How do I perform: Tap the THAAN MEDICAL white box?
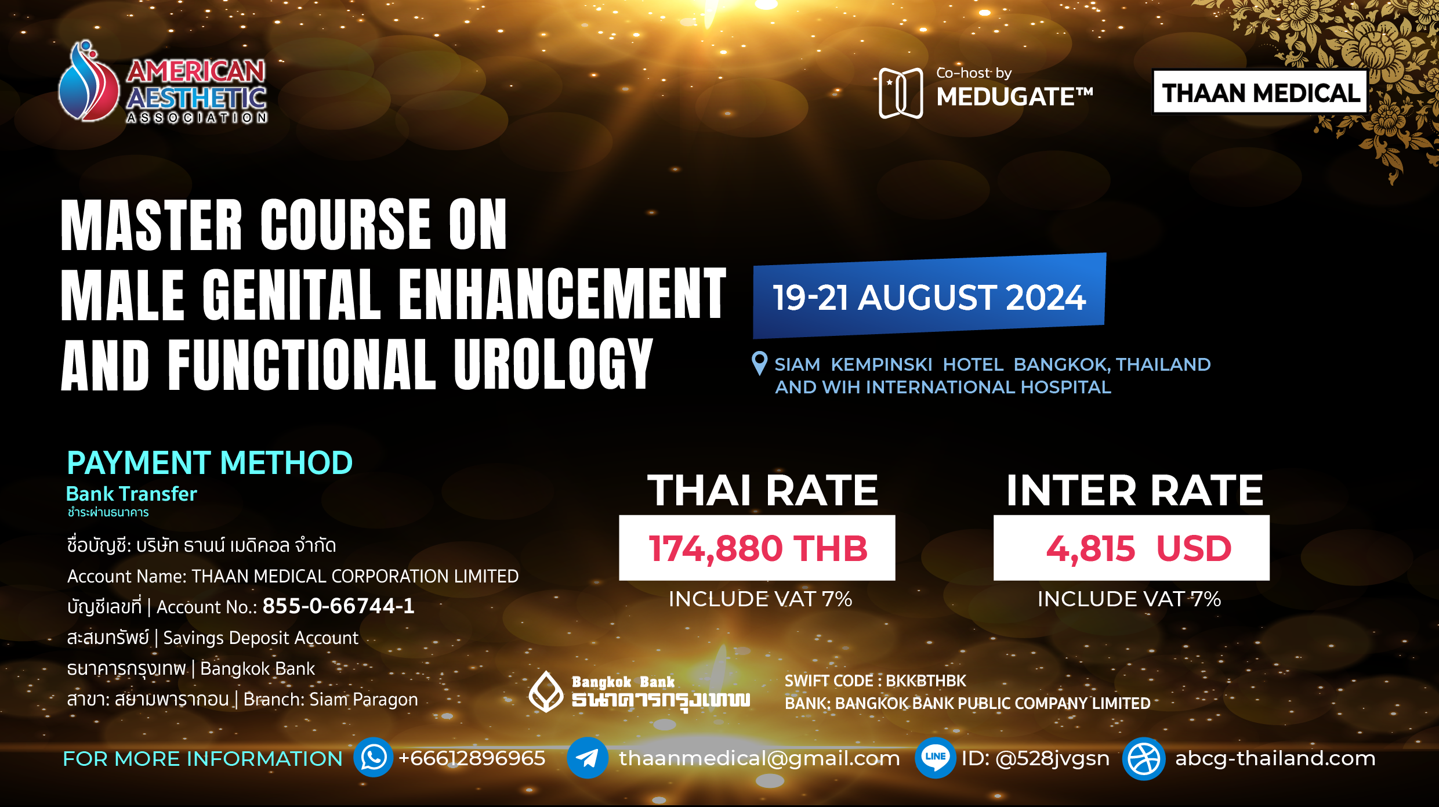(1260, 92)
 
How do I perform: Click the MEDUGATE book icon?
(901, 93)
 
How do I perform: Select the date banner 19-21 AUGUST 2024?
(929, 296)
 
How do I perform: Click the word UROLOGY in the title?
(554, 364)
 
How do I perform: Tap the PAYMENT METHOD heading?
(209, 463)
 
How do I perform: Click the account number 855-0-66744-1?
(339, 606)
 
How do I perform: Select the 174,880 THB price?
(757, 548)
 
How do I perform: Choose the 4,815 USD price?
(1139, 548)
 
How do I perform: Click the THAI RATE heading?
(763, 491)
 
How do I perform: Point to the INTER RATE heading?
(1134, 491)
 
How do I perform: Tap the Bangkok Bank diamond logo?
(546, 692)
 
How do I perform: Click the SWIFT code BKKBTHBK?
(926, 681)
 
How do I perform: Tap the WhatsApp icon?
(374, 758)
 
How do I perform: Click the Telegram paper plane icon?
(588, 758)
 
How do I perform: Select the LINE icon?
(936, 758)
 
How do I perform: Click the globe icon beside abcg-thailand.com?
(1144, 758)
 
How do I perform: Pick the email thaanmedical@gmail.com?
(759, 758)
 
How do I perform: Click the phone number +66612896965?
(472, 758)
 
